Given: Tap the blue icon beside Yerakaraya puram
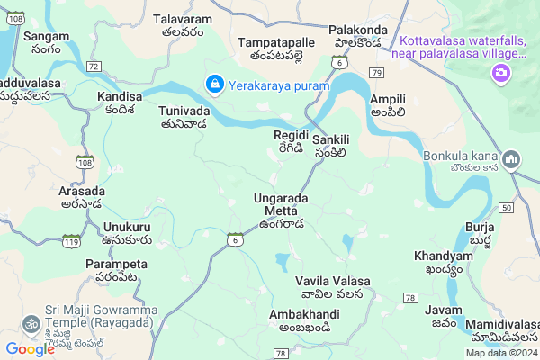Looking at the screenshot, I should (214, 85).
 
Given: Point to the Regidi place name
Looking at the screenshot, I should (291, 135).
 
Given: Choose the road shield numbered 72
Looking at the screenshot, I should (94, 67).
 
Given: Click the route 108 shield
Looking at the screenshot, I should (85, 163).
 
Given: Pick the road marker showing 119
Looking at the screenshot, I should (72, 240).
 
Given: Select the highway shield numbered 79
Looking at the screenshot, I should (377, 71).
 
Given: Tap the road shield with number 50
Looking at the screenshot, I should (507, 208).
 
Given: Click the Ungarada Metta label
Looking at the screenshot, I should (281, 204).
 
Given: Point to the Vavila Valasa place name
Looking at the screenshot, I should (333, 281).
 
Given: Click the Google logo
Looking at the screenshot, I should (30, 349).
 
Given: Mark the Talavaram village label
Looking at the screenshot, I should (182, 19).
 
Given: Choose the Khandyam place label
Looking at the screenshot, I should (443, 256).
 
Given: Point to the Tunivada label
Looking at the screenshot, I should (184, 111).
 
